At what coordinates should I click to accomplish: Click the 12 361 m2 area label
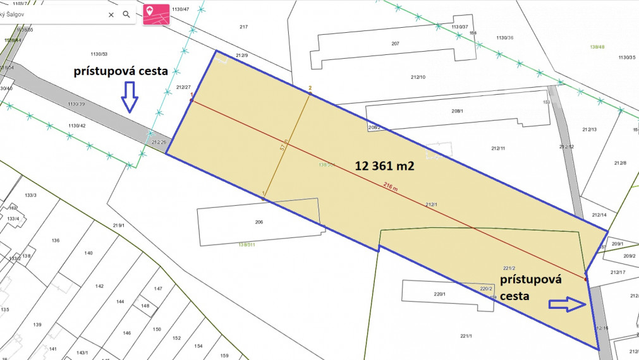[384, 166]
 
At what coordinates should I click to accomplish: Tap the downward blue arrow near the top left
[129, 98]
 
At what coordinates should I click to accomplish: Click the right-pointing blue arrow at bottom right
[567, 304]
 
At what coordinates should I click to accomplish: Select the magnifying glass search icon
[126, 14]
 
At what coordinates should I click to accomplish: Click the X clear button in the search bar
[111, 14]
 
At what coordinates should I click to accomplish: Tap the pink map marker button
[153, 14]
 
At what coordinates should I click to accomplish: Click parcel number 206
[259, 222]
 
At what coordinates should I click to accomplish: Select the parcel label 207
[395, 44]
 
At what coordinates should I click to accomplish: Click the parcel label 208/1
[457, 111]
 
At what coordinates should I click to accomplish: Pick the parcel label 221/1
[466, 335]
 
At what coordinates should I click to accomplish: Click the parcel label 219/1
[118, 225]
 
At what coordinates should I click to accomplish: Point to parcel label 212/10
[418, 77]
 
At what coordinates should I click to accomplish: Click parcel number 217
[243, 27]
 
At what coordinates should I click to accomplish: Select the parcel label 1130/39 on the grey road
[76, 104]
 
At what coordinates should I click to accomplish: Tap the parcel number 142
[99, 286]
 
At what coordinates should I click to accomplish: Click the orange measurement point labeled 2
[310, 94]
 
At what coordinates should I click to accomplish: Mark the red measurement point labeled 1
[192, 100]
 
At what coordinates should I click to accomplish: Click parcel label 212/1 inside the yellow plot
[431, 205]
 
